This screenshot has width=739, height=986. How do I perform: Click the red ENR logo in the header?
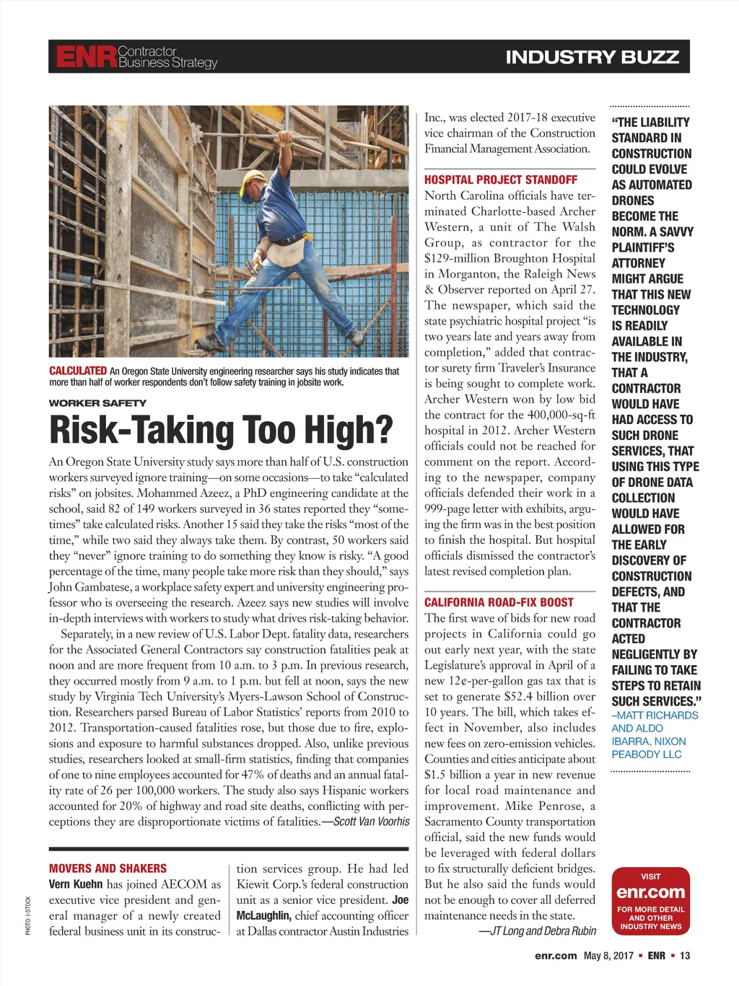click(86, 57)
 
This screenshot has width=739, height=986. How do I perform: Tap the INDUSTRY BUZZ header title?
click(592, 57)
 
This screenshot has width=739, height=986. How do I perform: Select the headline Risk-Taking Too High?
click(221, 430)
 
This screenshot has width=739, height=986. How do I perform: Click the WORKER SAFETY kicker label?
click(97, 403)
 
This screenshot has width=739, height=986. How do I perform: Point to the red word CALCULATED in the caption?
click(78, 371)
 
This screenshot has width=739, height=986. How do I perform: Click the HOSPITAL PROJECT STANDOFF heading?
click(500, 180)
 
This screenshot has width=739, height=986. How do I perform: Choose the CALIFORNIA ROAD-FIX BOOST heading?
click(499, 602)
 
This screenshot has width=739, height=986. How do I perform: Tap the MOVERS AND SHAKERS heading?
click(108, 868)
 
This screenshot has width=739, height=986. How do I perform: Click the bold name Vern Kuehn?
click(76, 884)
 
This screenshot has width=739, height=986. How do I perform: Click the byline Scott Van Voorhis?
click(371, 822)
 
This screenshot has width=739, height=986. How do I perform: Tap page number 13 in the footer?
click(685, 956)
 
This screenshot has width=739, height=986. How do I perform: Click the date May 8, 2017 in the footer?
click(608, 956)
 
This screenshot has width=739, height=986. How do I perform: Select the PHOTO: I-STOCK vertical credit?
click(28, 915)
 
